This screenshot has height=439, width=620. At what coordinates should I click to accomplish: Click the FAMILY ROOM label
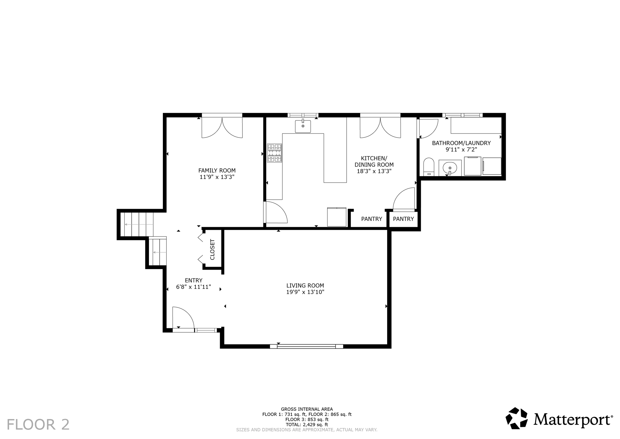pos(217,171)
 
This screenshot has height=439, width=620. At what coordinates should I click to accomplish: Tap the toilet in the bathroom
pos(429,166)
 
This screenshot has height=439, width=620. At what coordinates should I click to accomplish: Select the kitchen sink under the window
pos(303,126)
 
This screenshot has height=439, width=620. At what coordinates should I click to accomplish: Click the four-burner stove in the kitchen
pos(275,153)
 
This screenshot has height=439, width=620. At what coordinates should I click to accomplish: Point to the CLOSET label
pos(212,249)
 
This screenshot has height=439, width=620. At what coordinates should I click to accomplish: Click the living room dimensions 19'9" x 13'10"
pos(305,292)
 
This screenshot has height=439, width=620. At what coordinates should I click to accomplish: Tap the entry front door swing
pos(183,318)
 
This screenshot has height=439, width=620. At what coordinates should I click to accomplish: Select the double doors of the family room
pos(222,127)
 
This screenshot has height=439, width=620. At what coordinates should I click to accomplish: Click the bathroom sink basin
pos(450,168)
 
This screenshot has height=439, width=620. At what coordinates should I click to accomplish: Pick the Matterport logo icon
pos(517,418)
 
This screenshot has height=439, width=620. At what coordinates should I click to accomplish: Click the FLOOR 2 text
pos(38,424)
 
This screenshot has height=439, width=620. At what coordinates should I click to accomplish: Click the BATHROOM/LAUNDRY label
pos(461,143)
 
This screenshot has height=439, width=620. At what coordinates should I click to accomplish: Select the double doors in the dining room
pos(380,127)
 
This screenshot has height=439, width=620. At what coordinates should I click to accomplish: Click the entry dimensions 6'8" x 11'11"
pos(193,287)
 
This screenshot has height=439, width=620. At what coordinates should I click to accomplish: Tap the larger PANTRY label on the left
pos(371,219)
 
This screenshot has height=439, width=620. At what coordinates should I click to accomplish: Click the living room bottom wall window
pos(306,346)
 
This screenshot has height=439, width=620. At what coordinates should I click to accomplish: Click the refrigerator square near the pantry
pos(337,217)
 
